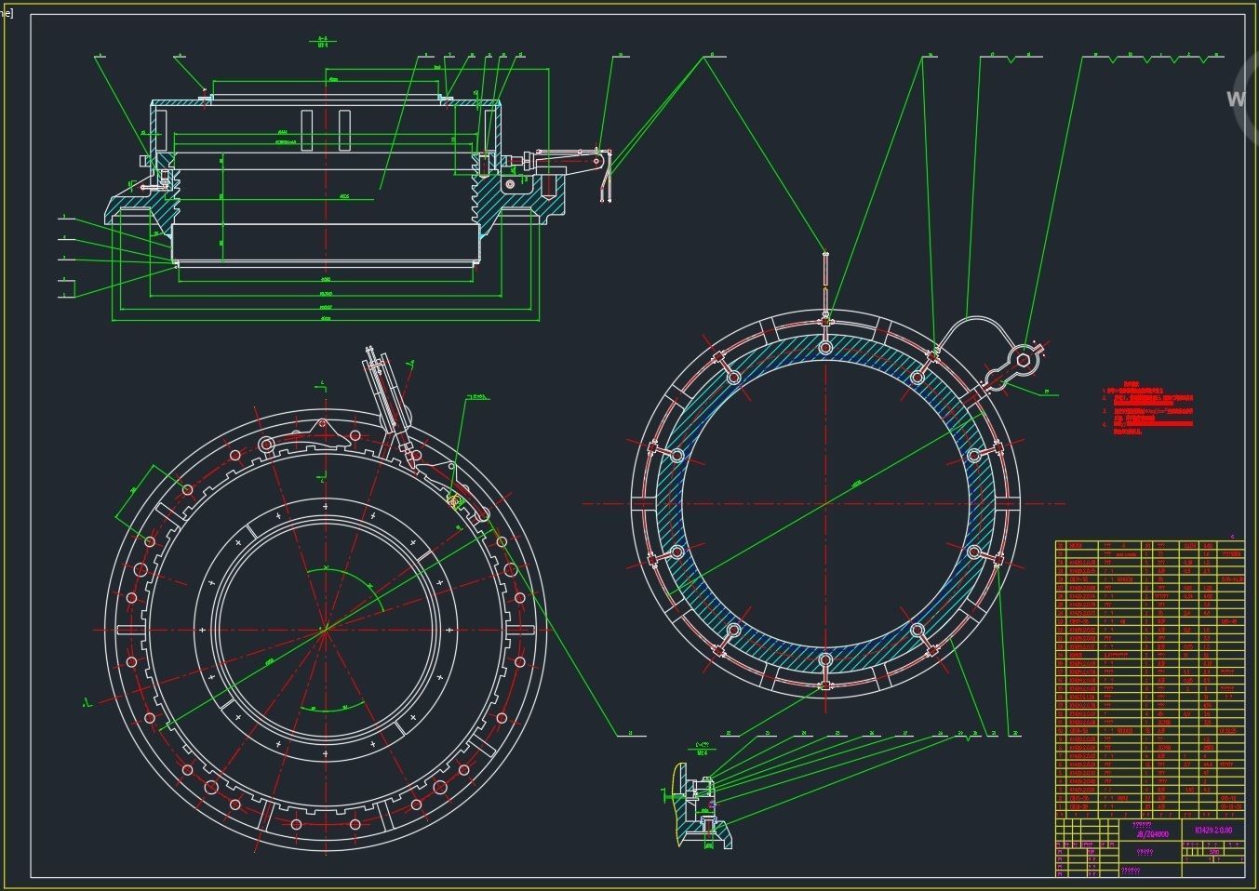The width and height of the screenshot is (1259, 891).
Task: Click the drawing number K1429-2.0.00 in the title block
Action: coord(1213,830)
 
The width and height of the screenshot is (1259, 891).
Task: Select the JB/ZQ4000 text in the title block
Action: coord(1151,834)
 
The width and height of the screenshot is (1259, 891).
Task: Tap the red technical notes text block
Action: coord(1147,409)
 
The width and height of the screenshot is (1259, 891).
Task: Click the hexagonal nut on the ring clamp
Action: coord(1024,359)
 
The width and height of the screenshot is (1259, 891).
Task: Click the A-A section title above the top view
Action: coord(323,41)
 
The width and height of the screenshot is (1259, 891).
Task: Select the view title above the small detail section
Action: coord(703,748)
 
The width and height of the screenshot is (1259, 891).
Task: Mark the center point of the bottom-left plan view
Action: coord(323,630)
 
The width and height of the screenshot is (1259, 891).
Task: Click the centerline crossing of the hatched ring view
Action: coord(825,503)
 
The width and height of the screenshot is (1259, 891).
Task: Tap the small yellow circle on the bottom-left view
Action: coord(456,502)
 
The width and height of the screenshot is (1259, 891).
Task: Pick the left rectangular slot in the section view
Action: coord(307,130)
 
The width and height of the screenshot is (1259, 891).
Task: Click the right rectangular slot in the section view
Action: coord(344,130)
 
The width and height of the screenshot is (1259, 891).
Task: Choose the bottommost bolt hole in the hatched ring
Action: coord(825,660)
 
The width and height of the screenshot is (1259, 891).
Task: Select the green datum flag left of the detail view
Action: coord(665,793)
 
